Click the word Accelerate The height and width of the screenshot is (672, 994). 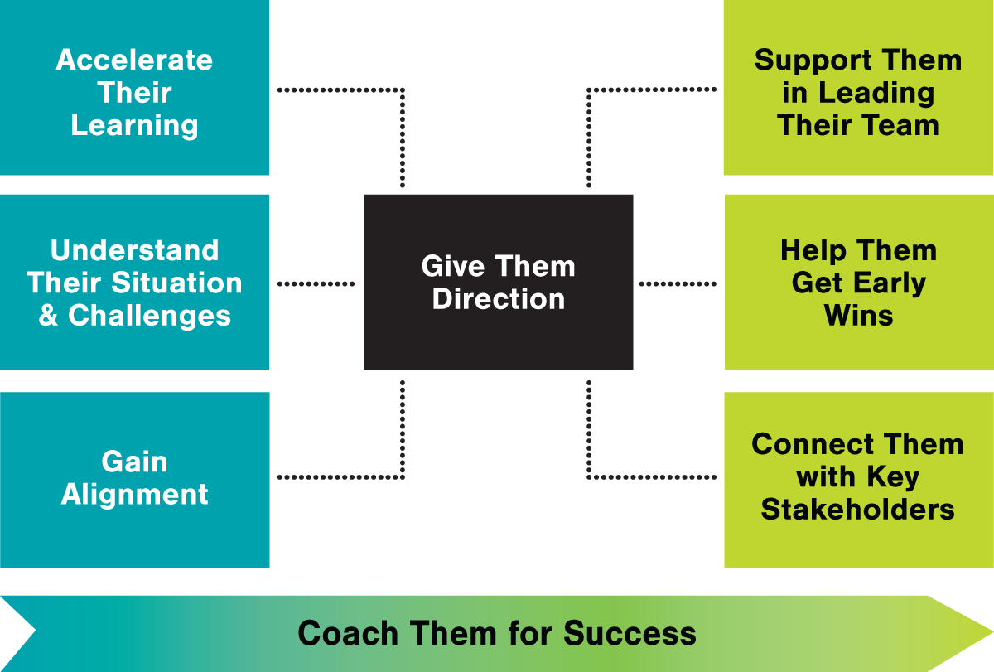pos(134,60)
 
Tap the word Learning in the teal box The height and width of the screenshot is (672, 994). pos(134,126)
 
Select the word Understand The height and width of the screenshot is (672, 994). pos(134,250)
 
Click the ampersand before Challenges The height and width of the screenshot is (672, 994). pos(48,316)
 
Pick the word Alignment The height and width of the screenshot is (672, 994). pos(134,495)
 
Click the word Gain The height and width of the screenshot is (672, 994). pos(134,462)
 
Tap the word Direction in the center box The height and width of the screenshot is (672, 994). pos(499,299)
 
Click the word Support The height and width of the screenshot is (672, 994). pos(805,60)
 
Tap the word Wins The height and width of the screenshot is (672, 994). pos(858,316)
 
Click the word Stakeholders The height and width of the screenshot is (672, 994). pos(857,509)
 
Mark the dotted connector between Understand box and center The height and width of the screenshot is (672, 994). pos(316,283)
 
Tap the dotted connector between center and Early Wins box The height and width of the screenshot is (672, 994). pos(678,283)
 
